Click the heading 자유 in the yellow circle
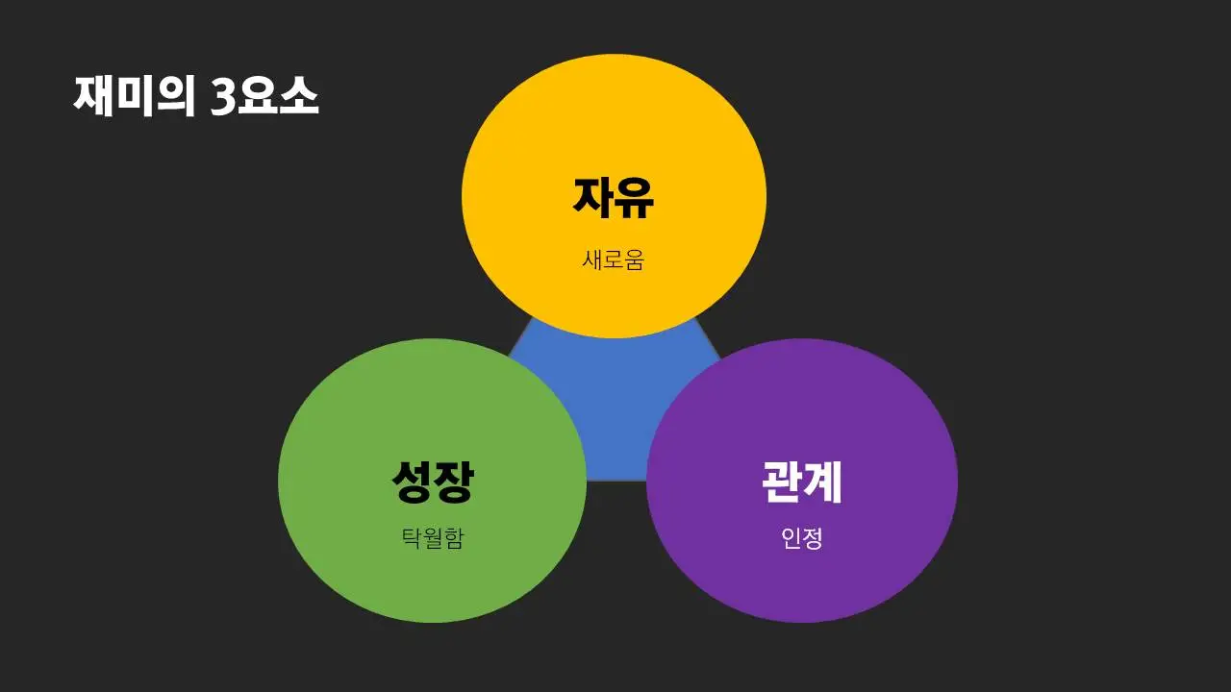[x=614, y=196]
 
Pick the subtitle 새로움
[x=613, y=259]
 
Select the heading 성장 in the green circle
[x=432, y=481]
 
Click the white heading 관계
[x=802, y=481]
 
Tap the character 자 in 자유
[x=593, y=196]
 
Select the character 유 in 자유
[x=635, y=196]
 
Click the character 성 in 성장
[x=412, y=481]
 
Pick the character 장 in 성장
[x=453, y=481]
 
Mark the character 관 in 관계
[x=782, y=481]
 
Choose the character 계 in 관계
[x=823, y=481]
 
